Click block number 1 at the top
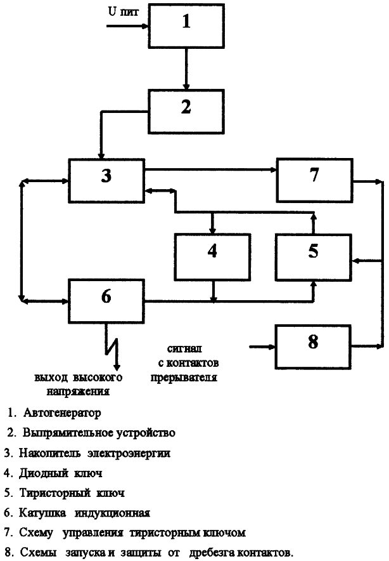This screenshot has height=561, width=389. (x=186, y=26)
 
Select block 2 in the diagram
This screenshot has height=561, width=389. (x=186, y=112)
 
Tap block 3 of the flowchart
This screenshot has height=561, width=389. (x=106, y=181)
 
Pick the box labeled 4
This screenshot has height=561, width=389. (x=212, y=257)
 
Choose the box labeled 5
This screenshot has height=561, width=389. (x=313, y=257)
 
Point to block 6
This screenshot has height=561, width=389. (x=106, y=301)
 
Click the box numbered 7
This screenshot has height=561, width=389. (x=315, y=180)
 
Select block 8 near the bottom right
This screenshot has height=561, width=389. (x=313, y=346)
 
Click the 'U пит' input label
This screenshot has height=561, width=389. (x=124, y=12)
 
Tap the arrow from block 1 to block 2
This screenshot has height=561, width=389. (x=186, y=69)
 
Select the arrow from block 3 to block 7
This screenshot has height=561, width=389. (x=211, y=169)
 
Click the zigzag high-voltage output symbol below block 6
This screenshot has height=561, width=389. (x=112, y=347)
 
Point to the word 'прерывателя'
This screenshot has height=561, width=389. (x=184, y=378)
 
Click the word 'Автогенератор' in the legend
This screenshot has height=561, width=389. (x=62, y=413)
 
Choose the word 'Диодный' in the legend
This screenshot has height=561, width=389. (x=44, y=473)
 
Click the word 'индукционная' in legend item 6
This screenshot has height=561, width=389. (x=112, y=513)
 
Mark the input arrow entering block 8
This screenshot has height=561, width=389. (x=262, y=346)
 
